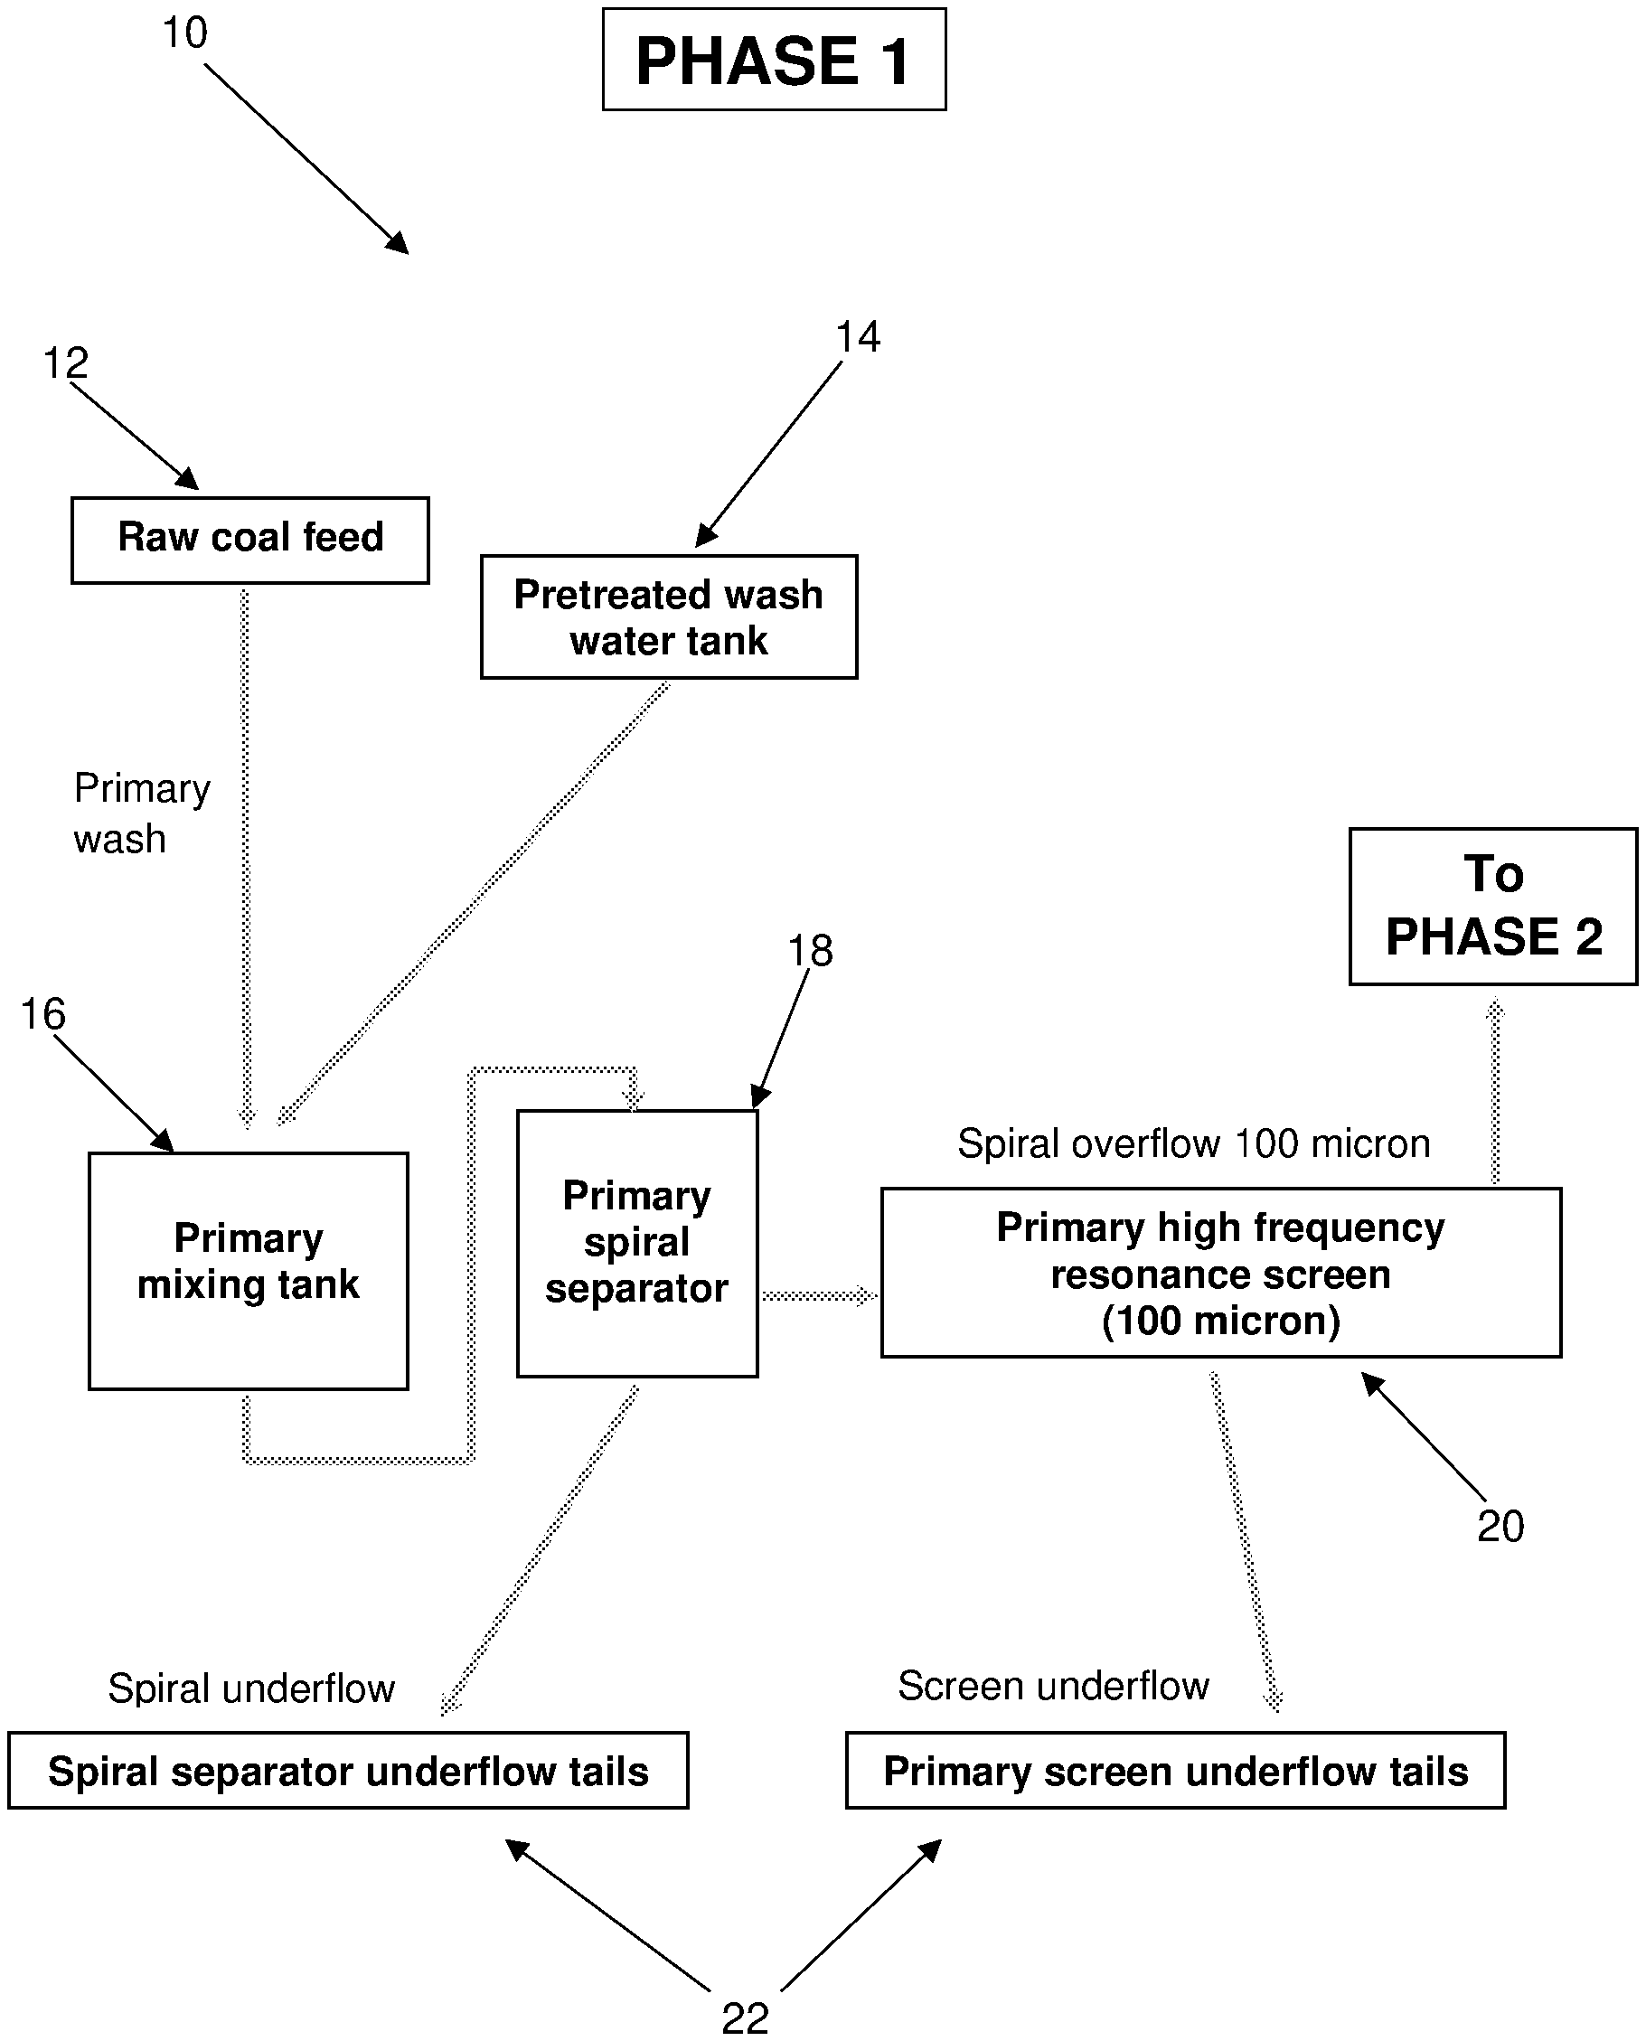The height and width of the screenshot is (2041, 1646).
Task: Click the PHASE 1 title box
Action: click(x=774, y=60)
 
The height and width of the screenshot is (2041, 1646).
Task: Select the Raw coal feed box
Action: click(x=250, y=540)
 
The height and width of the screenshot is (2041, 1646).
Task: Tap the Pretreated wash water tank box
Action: click(x=669, y=617)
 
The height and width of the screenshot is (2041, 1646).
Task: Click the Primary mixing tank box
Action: click(x=249, y=1270)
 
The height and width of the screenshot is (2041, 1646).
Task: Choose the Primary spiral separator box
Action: click(x=636, y=1243)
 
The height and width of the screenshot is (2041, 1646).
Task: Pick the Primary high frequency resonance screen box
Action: click(x=1220, y=1272)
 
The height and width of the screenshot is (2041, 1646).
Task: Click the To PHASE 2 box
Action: click(x=1492, y=907)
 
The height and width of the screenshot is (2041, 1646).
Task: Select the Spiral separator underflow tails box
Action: click(x=348, y=1771)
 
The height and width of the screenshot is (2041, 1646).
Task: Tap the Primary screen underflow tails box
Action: click(x=1175, y=1771)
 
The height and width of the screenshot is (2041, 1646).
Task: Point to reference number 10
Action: click(x=185, y=33)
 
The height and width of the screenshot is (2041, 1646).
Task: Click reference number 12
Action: click(x=66, y=363)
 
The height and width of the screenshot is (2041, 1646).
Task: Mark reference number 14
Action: click(x=857, y=337)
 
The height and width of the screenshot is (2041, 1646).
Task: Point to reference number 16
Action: click(x=43, y=1014)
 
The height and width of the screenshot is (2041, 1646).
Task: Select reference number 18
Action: click(x=810, y=951)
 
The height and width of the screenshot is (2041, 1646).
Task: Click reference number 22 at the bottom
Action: click(x=745, y=2017)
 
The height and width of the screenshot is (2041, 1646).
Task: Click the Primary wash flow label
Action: click(x=141, y=814)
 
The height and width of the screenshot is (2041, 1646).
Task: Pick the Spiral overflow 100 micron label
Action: click(x=1193, y=1143)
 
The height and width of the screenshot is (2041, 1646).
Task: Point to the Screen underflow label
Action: click(x=1052, y=1686)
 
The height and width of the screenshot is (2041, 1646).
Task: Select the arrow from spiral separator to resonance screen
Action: click(x=818, y=1296)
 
